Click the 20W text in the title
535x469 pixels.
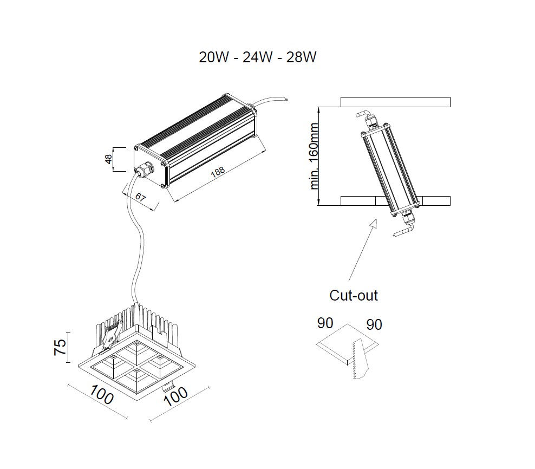[x=215, y=57]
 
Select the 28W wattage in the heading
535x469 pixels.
[x=301, y=57]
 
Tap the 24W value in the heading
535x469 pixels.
[x=258, y=57]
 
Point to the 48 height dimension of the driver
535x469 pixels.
[x=109, y=159]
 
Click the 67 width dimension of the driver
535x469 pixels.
[x=140, y=197]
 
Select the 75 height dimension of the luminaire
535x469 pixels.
[x=62, y=347]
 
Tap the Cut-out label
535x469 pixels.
[x=354, y=295]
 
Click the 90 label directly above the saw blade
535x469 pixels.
[x=374, y=324]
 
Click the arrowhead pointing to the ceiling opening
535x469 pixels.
[x=373, y=224]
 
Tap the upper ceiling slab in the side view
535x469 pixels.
[x=395, y=102]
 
